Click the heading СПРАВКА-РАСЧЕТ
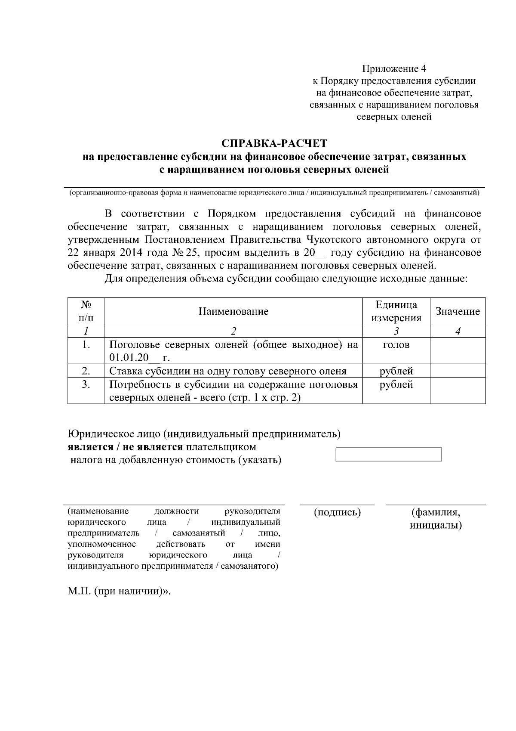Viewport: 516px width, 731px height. point(274,143)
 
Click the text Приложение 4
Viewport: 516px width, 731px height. point(394,69)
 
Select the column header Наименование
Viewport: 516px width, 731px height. point(233,311)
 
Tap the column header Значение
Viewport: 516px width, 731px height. point(458,311)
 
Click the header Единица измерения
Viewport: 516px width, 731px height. point(396,311)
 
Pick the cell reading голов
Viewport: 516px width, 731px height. point(396,345)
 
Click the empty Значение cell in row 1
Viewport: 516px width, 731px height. point(458,351)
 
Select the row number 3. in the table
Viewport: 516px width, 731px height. point(86,384)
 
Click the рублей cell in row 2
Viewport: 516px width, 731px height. point(396,371)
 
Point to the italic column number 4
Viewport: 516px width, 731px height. point(458,331)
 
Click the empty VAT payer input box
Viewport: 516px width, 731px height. point(388,455)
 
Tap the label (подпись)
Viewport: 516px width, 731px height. point(337,512)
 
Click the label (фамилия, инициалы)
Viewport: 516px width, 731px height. point(436,519)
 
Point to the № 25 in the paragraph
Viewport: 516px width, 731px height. point(184,253)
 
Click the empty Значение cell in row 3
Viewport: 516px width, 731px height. point(458,390)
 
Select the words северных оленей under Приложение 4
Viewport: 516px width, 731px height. point(394,117)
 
